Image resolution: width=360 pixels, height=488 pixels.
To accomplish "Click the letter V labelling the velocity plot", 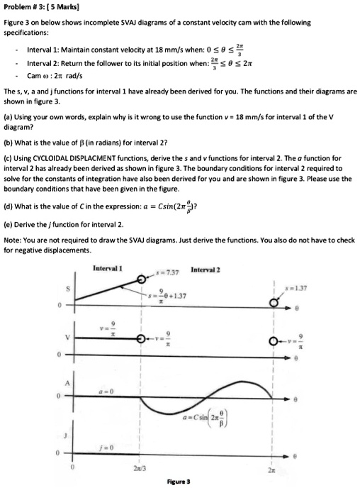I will pos(68,339).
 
